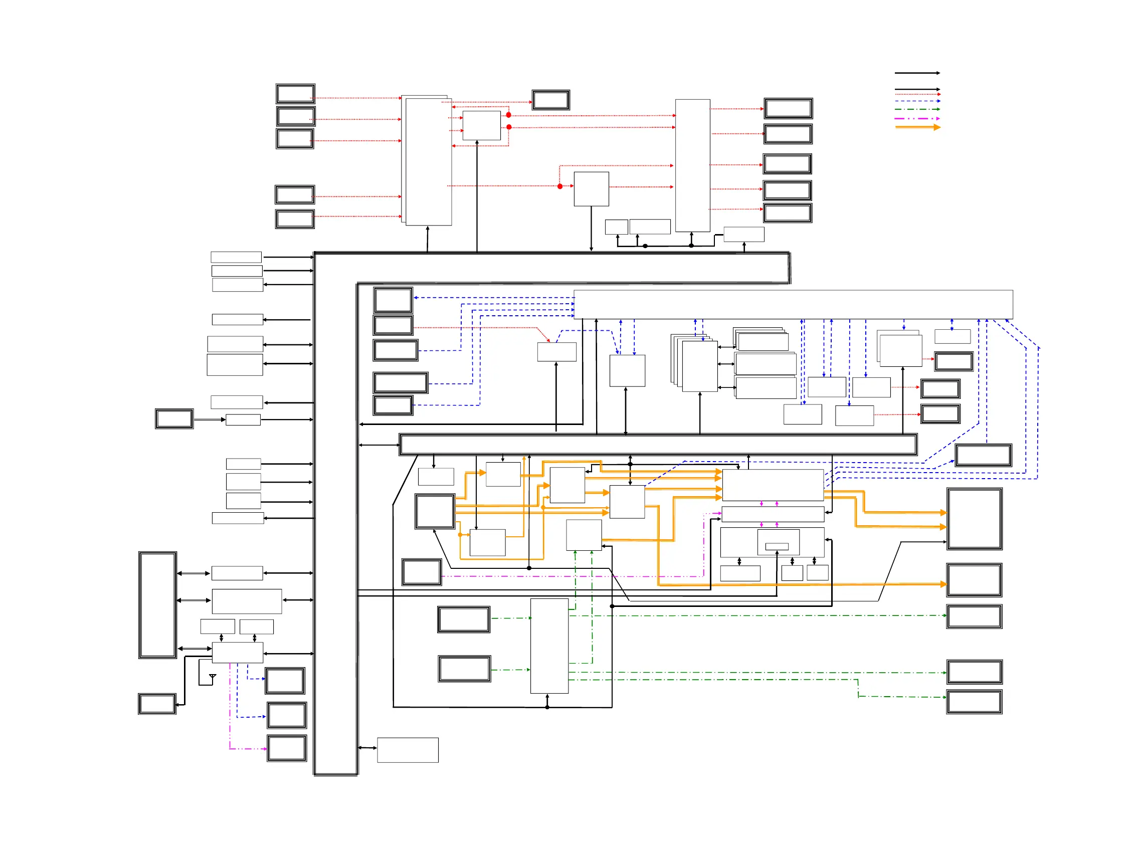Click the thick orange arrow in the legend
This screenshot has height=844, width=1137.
point(917,127)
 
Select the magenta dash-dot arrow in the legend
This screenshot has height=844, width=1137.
point(917,118)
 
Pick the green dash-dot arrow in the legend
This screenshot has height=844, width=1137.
point(917,109)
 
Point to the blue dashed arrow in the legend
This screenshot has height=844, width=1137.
point(917,101)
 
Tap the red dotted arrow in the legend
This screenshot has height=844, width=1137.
point(917,95)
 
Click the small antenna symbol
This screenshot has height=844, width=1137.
point(213,677)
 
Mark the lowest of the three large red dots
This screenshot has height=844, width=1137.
point(560,186)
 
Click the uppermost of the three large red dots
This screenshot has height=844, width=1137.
point(508,115)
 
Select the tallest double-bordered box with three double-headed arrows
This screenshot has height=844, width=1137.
point(157,605)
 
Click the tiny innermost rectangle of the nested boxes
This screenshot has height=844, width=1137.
point(777,547)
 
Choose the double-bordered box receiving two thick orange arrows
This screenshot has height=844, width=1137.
point(974,519)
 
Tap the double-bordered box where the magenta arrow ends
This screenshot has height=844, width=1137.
point(287,748)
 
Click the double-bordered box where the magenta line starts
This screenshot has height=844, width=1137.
point(422,572)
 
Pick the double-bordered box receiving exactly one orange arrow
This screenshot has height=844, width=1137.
point(974,580)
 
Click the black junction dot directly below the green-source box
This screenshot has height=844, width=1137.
point(547,707)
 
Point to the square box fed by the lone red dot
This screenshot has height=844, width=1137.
point(591,189)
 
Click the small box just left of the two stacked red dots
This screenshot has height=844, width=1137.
point(481,126)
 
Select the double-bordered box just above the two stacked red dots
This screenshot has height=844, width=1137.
point(551,100)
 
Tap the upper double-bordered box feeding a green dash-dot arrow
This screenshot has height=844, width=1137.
point(464,619)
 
